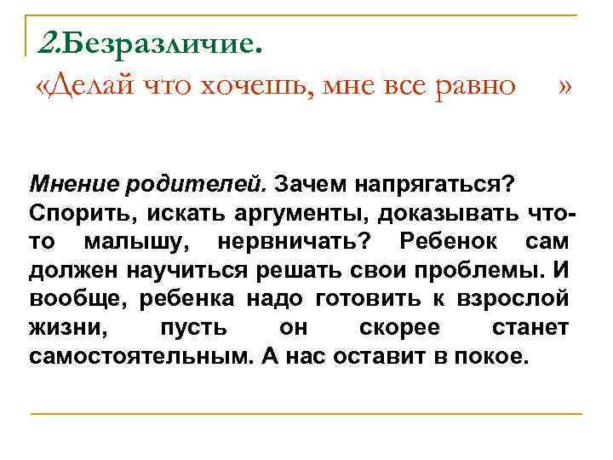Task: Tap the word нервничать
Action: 294,243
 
